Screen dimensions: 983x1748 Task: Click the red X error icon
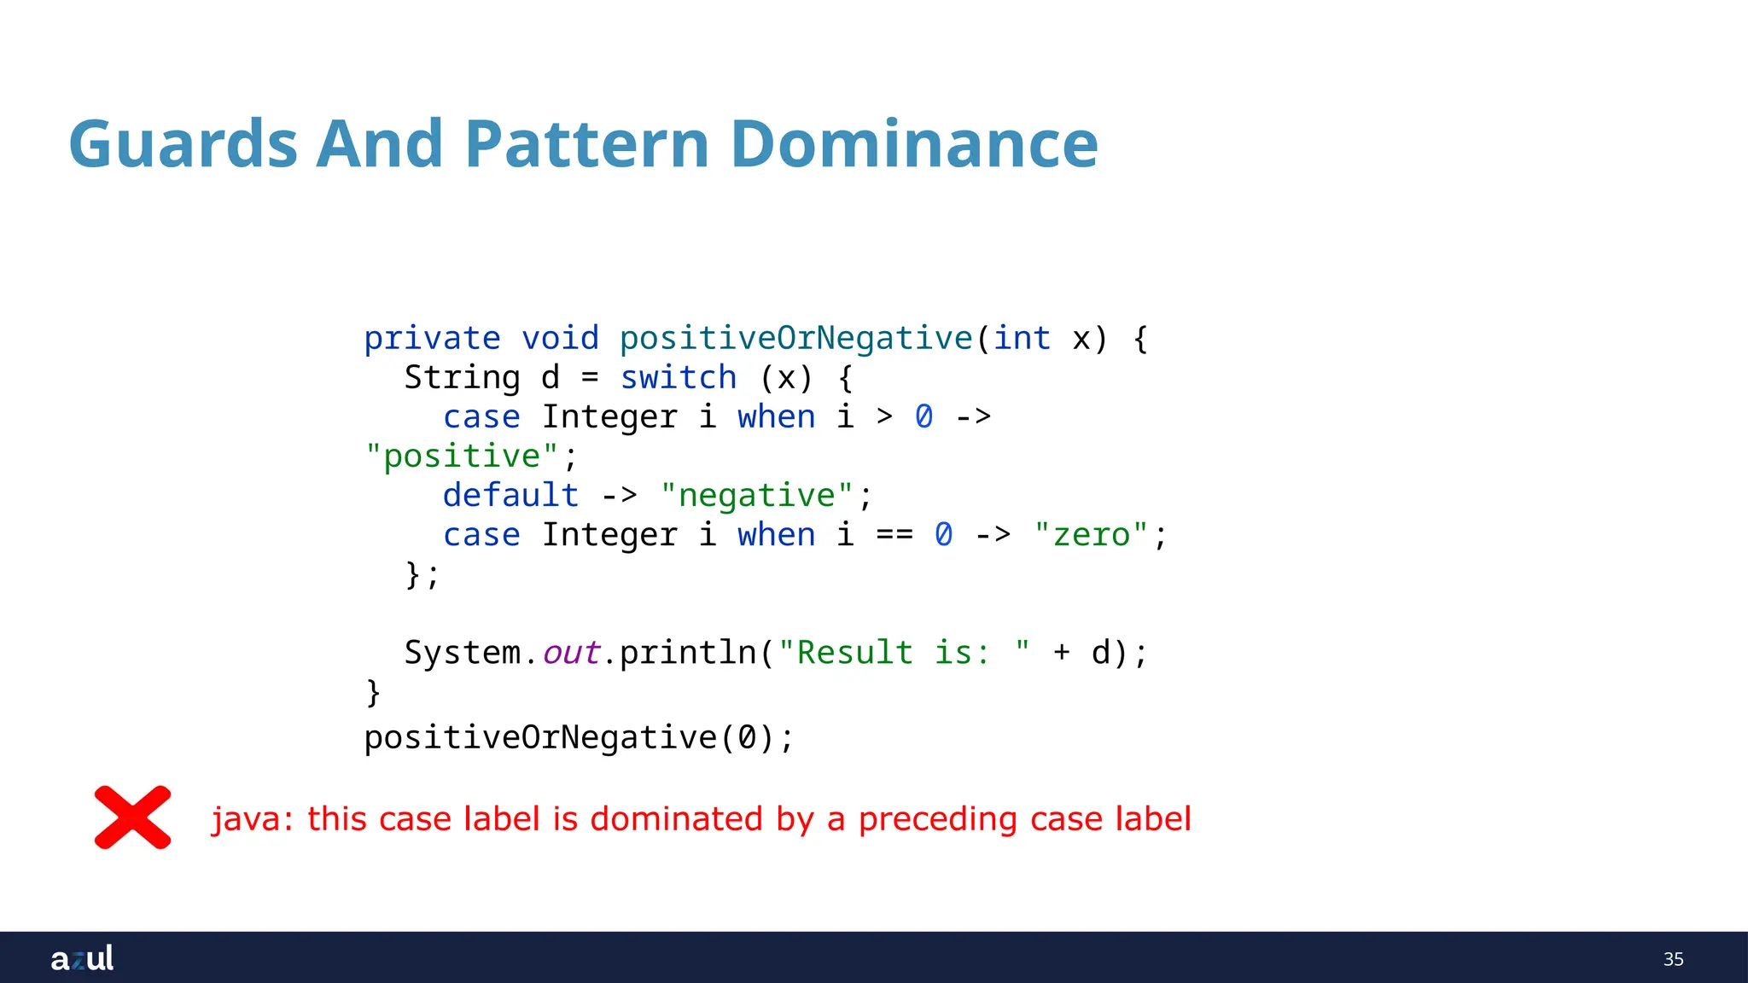point(132,817)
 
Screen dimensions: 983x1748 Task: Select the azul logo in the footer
point(82,958)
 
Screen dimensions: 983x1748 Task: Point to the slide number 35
point(1673,959)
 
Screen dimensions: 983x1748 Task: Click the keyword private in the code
point(432,339)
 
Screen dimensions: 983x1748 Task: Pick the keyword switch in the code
point(678,378)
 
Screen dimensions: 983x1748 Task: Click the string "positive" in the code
point(462,457)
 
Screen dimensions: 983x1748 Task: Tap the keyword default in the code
point(510,496)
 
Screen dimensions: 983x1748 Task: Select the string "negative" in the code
point(756,496)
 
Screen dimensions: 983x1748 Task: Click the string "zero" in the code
point(1091,535)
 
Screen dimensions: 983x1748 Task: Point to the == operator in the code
point(894,535)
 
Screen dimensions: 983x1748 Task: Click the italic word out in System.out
point(571,653)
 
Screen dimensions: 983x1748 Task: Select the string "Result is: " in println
point(904,653)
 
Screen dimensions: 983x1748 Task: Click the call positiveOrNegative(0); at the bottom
point(579,737)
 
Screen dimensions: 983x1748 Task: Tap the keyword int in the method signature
point(1022,339)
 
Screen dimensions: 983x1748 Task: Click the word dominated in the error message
point(676,819)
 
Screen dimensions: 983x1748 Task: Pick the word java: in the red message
point(253,819)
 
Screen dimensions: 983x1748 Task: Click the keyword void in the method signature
point(560,339)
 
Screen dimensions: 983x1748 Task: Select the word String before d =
point(462,378)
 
